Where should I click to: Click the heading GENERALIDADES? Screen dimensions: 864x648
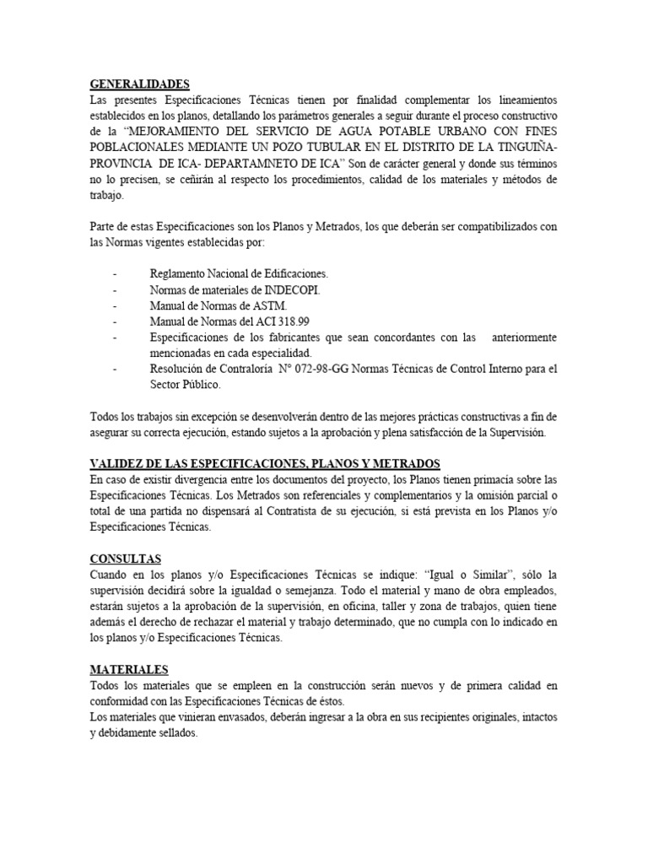coord(140,84)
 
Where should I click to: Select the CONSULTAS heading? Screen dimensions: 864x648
coord(125,559)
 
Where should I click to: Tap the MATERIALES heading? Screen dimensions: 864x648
coord(129,669)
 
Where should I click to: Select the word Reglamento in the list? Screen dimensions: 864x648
coord(179,273)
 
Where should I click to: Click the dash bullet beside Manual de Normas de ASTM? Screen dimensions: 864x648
coord(115,305)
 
